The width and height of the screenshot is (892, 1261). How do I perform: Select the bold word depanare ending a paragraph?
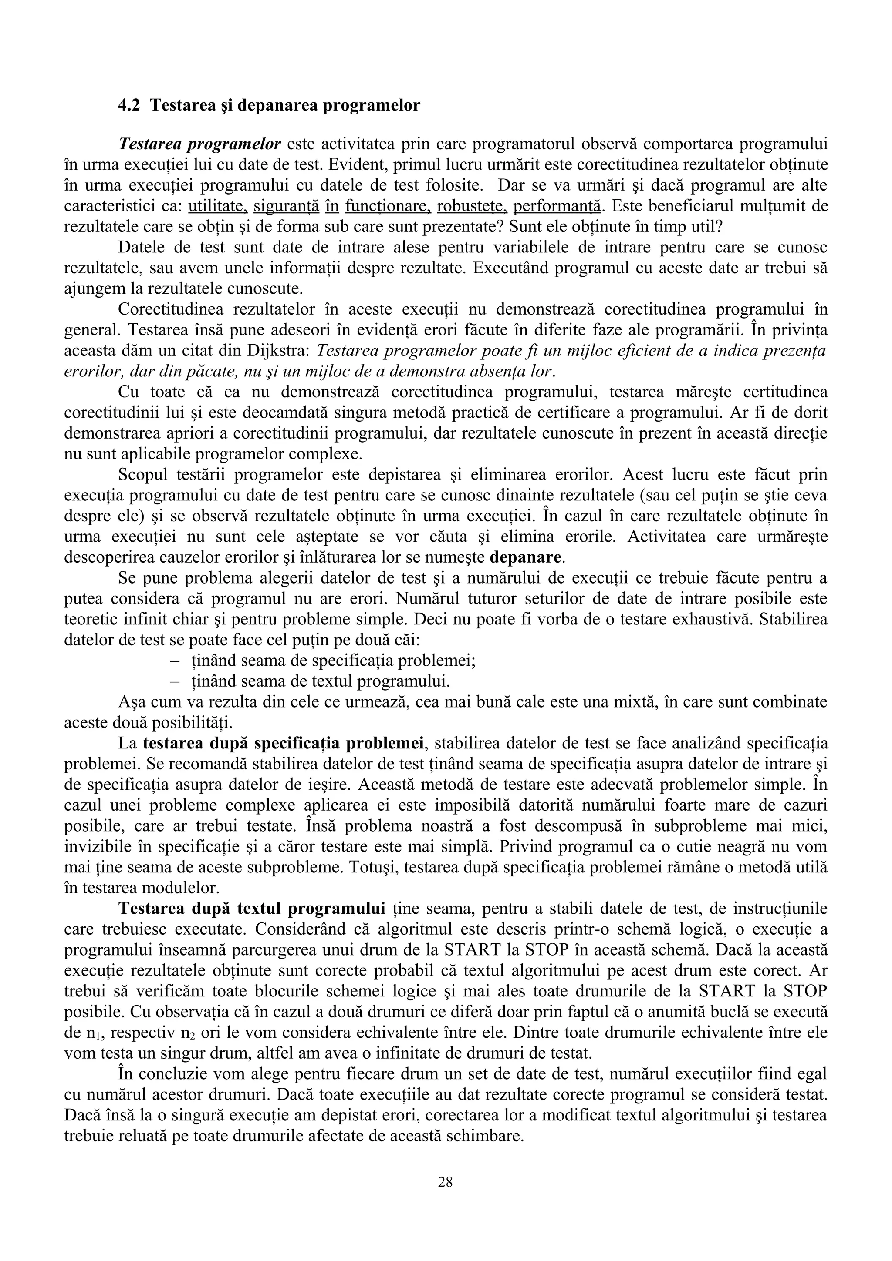(526, 557)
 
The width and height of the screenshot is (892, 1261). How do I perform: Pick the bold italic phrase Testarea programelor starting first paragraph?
(199, 144)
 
